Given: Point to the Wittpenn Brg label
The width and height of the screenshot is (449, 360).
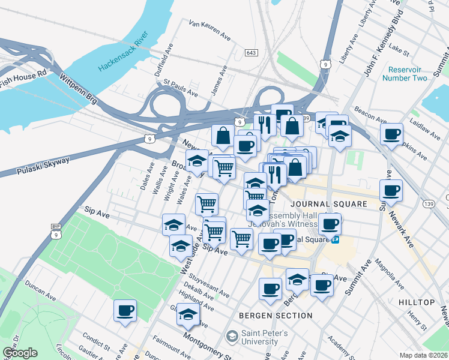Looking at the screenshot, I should pos(79,88).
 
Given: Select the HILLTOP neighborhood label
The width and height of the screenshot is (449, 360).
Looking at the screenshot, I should pos(416,302).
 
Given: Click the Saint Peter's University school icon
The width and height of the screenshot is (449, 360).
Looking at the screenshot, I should pos(232,337).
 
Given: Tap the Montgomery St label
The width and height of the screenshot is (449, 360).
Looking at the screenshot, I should pos(208,354).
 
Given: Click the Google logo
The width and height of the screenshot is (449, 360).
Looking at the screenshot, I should pos(19,353).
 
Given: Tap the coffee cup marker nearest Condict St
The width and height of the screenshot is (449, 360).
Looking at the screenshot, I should pos(125,311).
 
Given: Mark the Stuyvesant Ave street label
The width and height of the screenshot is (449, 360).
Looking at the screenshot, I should pos(209,287).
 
